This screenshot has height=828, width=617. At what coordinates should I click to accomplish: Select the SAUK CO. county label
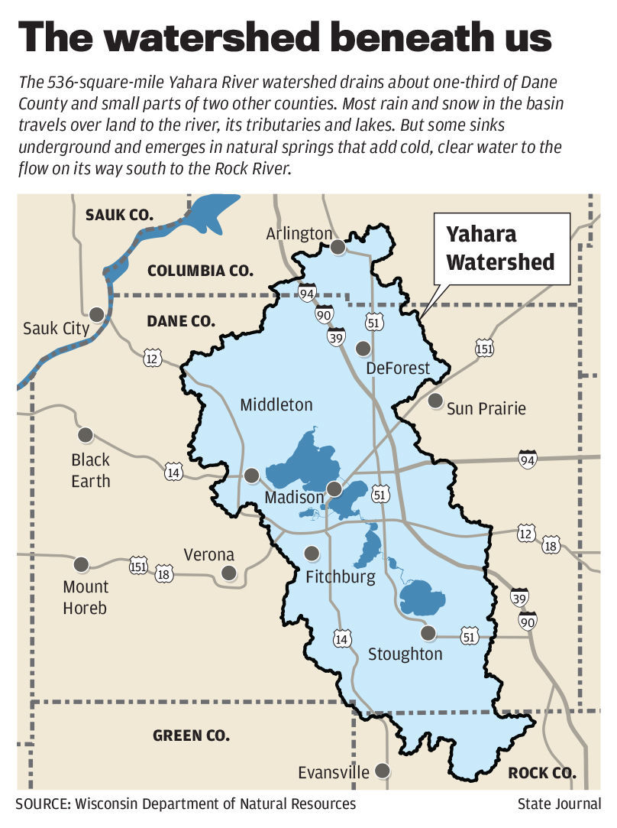[x=120, y=215]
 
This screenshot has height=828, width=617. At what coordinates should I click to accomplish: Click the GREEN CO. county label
[x=191, y=735]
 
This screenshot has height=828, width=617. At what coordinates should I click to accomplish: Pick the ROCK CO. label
[x=542, y=772]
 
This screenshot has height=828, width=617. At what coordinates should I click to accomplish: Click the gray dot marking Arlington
[x=338, y=246]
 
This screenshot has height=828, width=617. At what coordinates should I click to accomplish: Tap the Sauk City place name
[x=57, y=329]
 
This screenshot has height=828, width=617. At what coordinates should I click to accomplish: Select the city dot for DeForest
[x=363, y=349]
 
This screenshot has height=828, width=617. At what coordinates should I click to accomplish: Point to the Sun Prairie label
[x=486, y=408]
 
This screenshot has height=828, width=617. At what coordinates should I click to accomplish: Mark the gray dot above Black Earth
[x=85, y=435]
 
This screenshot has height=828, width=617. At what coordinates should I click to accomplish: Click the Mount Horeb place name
[x=86, y=597]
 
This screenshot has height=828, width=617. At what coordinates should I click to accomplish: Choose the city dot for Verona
[x=228, y=573]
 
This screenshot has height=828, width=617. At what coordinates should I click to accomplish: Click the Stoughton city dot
[x=428, y=632]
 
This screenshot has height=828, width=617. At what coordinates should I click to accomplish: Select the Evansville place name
[x=334, y=771]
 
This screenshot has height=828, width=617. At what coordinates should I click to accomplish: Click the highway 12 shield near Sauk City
[x=151, y=356]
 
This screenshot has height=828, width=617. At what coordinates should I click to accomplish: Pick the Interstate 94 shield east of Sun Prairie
[x=527, y=459]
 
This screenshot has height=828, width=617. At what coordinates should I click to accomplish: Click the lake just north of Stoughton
[x=422, y=597]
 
